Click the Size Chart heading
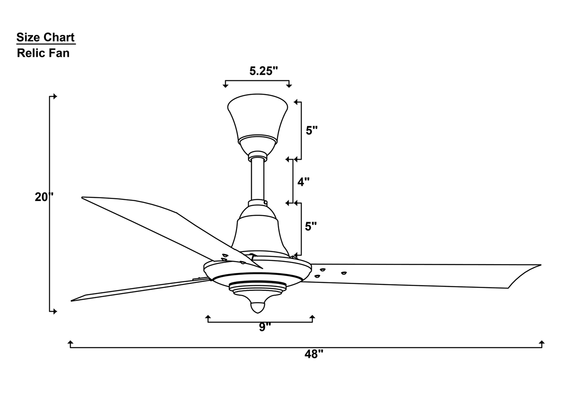coord(45,37)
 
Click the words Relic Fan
coord(43,53)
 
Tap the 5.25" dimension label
coord(263,71)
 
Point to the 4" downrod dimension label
coord(303,182)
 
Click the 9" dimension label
coord(265,327)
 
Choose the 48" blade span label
coord(314,354)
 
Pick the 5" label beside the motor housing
coord(311,226)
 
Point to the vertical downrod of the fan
coord(257,179)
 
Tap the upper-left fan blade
coord(167,226)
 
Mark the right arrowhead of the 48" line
coord(542,343)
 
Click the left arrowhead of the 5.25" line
coord(225,85)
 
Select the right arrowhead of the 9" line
coord(312,317)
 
